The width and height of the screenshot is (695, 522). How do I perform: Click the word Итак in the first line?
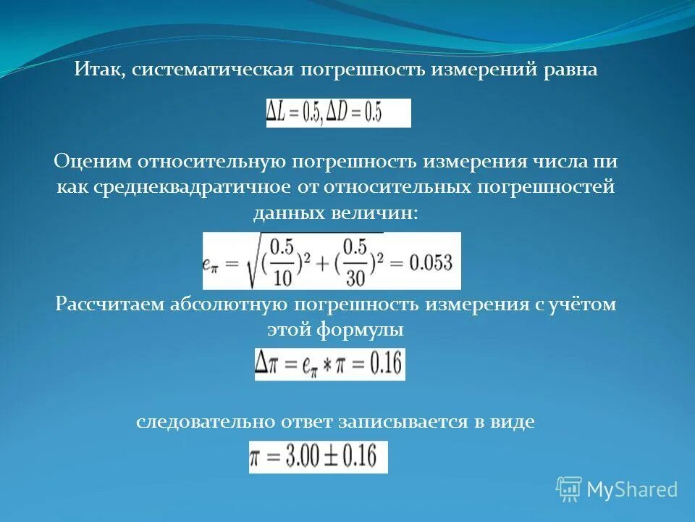(95, 70)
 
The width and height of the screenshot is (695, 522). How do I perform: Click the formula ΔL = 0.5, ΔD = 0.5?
(338, 113)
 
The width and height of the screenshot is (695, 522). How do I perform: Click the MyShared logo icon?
(569, 489)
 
